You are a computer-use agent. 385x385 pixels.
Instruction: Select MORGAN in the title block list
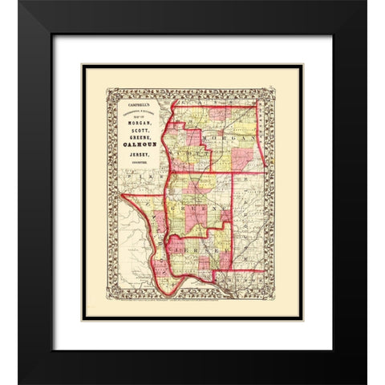133,122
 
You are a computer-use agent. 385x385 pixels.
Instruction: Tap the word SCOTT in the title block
133,130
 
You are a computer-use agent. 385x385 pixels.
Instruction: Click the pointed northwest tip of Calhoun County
122,195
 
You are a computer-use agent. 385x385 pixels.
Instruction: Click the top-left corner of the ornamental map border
110,89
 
